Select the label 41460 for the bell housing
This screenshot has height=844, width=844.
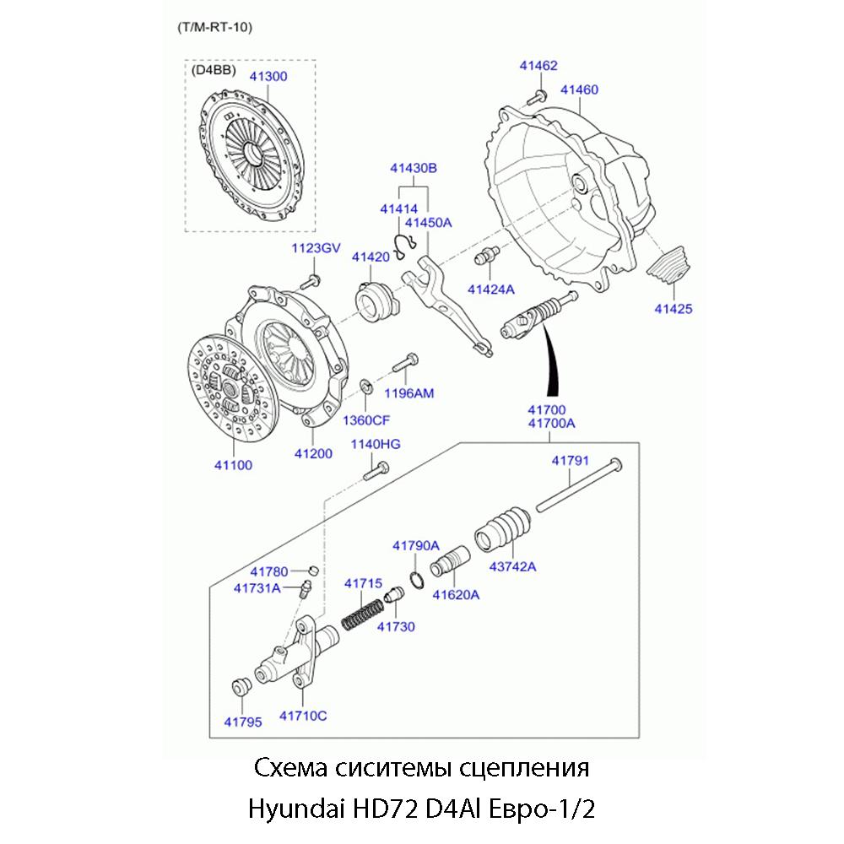tap(580, 89)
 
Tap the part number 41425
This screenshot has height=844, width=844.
tap(673, 309)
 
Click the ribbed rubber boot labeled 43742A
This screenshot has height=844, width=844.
tap(502, 527)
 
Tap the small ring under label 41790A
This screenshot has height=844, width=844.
tap(415, 581)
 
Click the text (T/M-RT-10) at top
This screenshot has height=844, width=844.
tap(215, 26)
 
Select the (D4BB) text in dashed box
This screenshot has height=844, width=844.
tap(214, 70)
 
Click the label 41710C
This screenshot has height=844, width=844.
tap(303, 717)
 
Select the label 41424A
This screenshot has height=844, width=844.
tap(490, 289)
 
